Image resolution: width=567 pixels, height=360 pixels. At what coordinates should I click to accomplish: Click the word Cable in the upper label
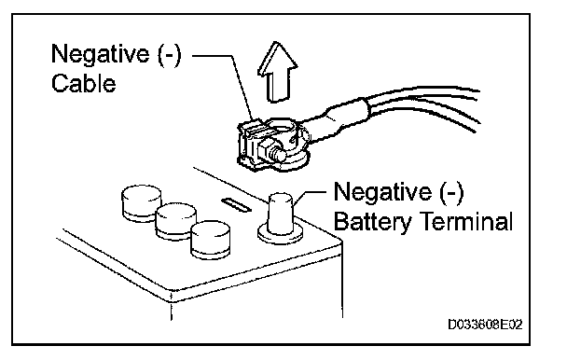point(84,83)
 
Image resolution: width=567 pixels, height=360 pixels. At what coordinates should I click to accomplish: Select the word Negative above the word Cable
point(100,53)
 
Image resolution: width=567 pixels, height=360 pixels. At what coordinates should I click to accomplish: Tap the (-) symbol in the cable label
point(169,54)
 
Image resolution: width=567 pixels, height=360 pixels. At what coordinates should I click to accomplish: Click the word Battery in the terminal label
point(372,221)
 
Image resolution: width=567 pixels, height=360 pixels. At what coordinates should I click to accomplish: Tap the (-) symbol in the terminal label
point(451,192)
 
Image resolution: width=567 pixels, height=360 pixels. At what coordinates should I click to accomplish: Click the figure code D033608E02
point(485,325)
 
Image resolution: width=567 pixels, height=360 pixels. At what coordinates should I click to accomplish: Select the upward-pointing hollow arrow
point(277,72)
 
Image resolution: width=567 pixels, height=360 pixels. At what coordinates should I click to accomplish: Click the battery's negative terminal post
point(280,212)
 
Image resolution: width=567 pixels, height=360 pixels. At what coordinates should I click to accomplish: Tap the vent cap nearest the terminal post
point(210,240)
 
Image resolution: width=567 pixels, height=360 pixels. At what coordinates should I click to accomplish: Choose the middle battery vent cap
point(175,221)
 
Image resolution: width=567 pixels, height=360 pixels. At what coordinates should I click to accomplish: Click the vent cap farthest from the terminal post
point(142,202)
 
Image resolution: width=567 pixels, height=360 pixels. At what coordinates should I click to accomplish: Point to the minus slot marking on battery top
point(236,204)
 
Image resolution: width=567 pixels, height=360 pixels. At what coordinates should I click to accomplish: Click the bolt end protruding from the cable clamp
point(280,155)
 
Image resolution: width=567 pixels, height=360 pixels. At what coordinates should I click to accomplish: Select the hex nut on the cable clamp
point(265,150)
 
